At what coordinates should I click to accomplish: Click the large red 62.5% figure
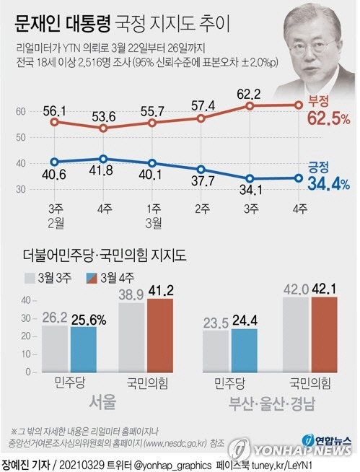coord(328,118)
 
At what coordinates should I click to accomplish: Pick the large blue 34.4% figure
coord(328,185)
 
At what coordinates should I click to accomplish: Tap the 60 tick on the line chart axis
coord(19,111)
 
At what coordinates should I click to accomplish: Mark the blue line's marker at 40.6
coord(54,162)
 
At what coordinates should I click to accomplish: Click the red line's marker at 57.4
coord(201,118)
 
